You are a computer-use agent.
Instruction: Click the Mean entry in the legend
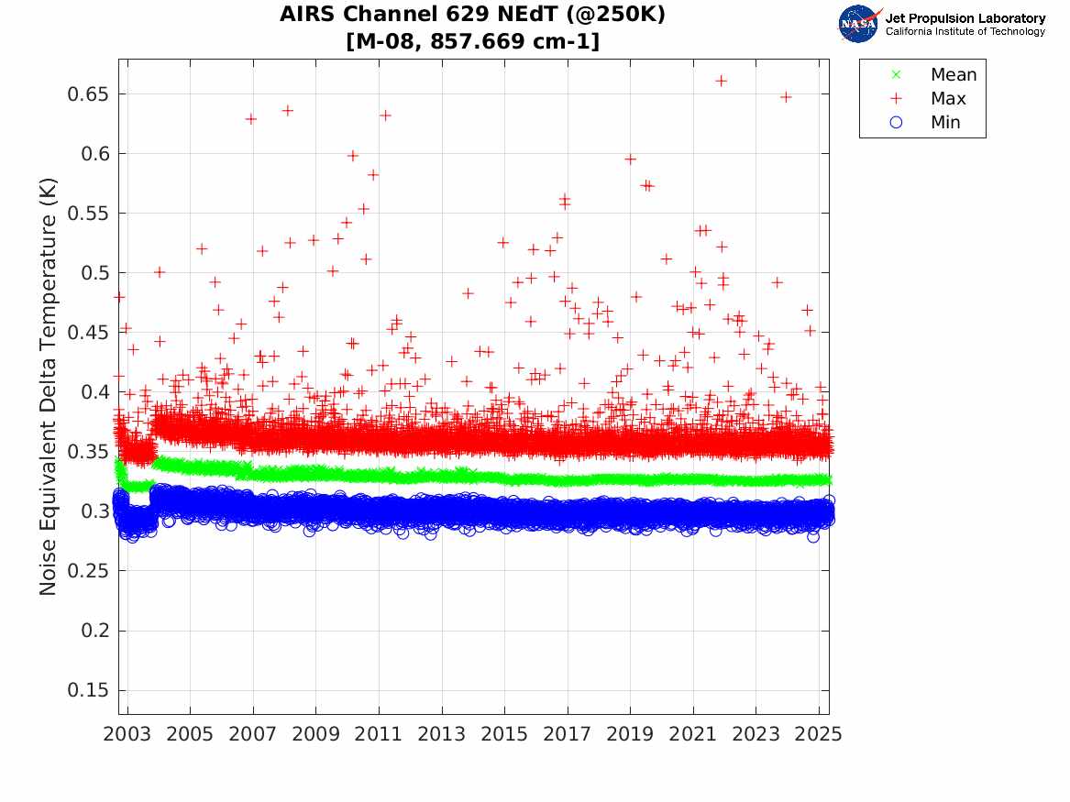[x=954, y=74]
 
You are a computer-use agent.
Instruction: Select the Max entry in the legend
[x=947, y=98]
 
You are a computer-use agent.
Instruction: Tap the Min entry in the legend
[x=945, y=122]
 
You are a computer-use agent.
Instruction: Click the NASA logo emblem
[x=858, y=24]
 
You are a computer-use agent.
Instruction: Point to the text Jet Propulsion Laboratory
[x=965, y=17]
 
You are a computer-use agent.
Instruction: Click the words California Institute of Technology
[x=965, y=32]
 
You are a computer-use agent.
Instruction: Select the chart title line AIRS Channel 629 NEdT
[x=472, y=16]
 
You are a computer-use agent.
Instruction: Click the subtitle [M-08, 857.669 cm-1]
[x=472, y=40]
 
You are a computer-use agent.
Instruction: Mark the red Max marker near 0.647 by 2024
[x=786, y=97]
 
